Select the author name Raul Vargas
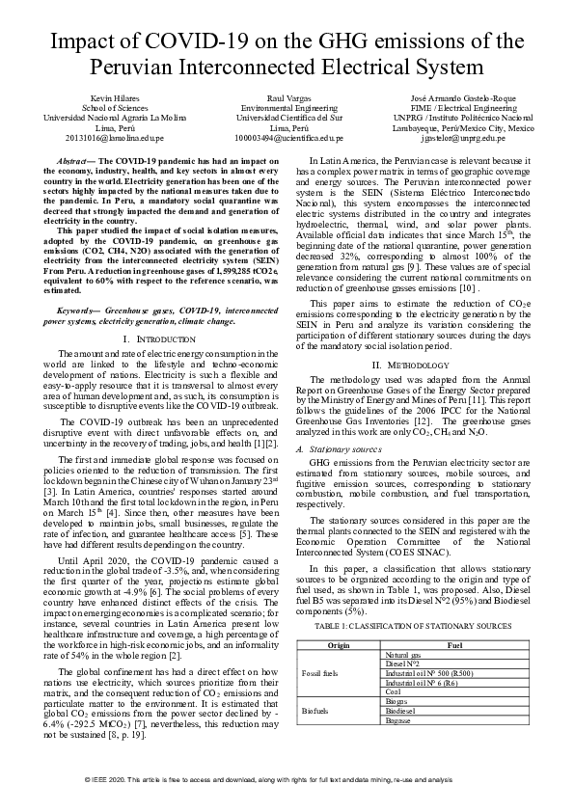(287, 99)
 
